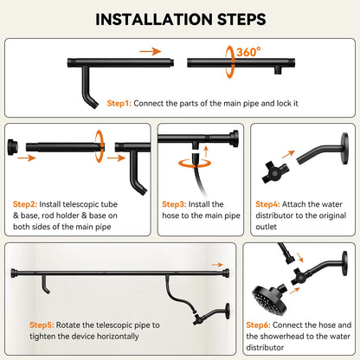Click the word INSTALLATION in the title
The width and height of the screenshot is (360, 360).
(x=154, y=20)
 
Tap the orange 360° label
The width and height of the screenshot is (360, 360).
(x=248, y=52)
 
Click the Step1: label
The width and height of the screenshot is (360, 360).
(x=119, y=103)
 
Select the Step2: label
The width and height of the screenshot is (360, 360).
(x=25, y=204)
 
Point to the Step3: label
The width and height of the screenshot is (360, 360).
(x=174, y=204)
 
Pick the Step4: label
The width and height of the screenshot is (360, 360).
(x=267, y=204)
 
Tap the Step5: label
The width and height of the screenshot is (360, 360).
(x=42, y=325)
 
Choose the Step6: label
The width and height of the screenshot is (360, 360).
(x=258, y=325)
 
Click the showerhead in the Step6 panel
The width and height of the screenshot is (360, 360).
(x=269, y=300)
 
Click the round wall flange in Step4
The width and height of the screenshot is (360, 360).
(x=344, y=149)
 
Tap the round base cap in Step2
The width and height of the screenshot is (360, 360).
(x=12, y=147)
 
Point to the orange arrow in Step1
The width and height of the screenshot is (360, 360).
(x=151, y=51)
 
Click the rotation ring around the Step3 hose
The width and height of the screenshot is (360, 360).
(x=195, y=164)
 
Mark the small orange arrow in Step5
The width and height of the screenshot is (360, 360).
(x=217, y=265)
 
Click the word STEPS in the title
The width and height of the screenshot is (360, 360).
(x=241, y=20)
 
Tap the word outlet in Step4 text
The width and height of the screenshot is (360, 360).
(x=266, y=227)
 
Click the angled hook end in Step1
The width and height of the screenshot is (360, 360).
(x=93, y=101)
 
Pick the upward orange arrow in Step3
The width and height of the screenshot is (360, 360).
(x=206, y=151)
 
